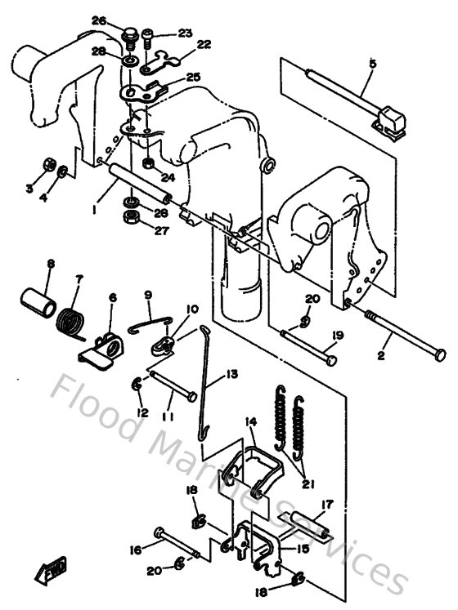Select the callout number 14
(251, 422)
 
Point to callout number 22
(203, 44)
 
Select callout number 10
(192, 309)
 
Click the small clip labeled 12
(138, 381)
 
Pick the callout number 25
(194, 77)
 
